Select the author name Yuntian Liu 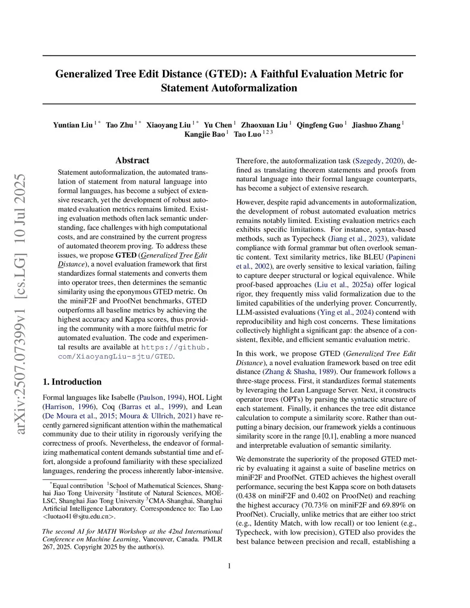coord(73,125)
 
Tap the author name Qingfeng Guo coord(319,125)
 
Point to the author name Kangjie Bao coord(205,134)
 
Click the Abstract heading coord(132,160)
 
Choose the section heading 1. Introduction coord(72,382)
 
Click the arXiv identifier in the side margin coord(21,303)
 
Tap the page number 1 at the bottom coord(229,566)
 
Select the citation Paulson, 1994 coord(161,397)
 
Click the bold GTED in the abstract coord(126,255)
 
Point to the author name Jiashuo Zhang coord(376,125)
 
